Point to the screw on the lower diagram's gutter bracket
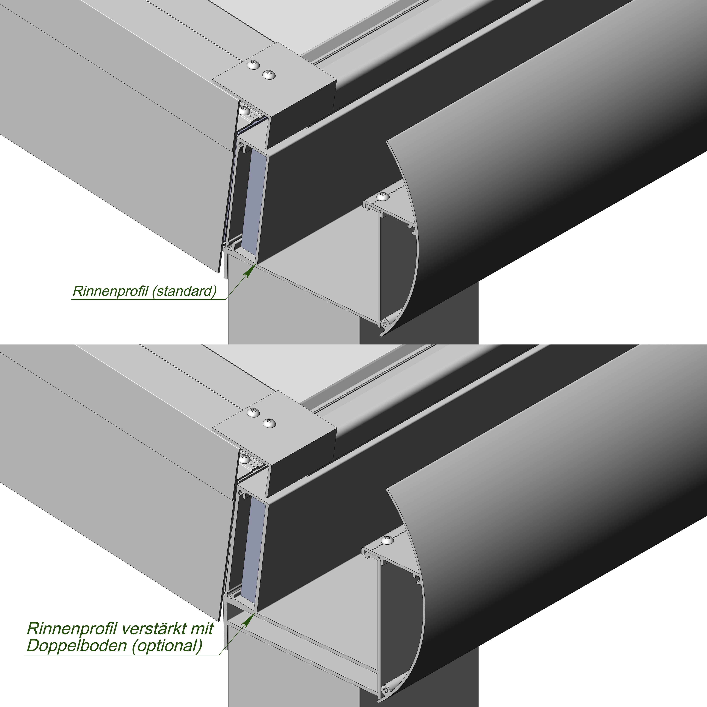tap(388, 540)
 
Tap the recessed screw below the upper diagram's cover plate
tap(244, 110)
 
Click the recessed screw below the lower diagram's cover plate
tap(244, 458)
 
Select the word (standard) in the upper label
tap(184, 291)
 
